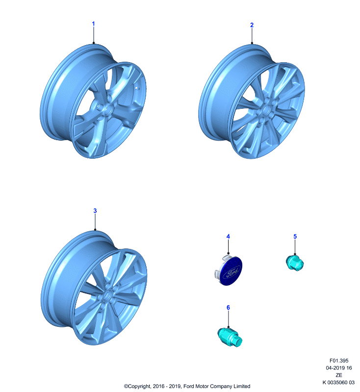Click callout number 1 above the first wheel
(x=93, y=24)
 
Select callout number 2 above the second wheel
(x=252, y=25)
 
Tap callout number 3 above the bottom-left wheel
(x=95, y=211)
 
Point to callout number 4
(x=228, y=237)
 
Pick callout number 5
(x=295, y=237)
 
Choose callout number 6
(x=228, y=308)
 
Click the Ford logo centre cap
(x=229, y=270)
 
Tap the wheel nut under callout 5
(x=295, y=263)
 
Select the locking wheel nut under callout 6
(x=230, y=337)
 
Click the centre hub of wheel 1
(x=108, y=109)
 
